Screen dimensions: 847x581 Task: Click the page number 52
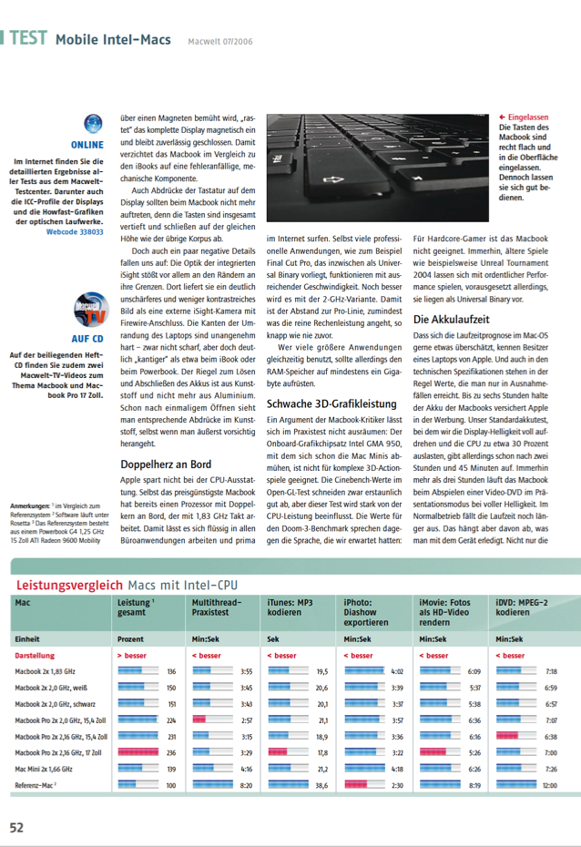click(x=16, y=828)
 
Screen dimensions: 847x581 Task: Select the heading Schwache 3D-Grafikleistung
click(x=331, y=403)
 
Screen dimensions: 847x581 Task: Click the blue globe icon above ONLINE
click(x=92, y=124)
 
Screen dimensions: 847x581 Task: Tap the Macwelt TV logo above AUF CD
click(x=89, y=311)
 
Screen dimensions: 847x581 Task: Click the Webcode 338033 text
click(x=75, y=232)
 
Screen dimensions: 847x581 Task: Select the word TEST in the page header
click(x=28, y=38)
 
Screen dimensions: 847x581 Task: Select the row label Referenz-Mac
click(x=41, y=784)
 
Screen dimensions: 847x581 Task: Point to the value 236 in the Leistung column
click(x=170, y=752)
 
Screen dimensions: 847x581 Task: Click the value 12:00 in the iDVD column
click(x=550, y=784)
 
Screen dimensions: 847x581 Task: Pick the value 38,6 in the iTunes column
click(x=321, y=784)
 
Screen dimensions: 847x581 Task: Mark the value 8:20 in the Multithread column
click(x=246, y=784)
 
